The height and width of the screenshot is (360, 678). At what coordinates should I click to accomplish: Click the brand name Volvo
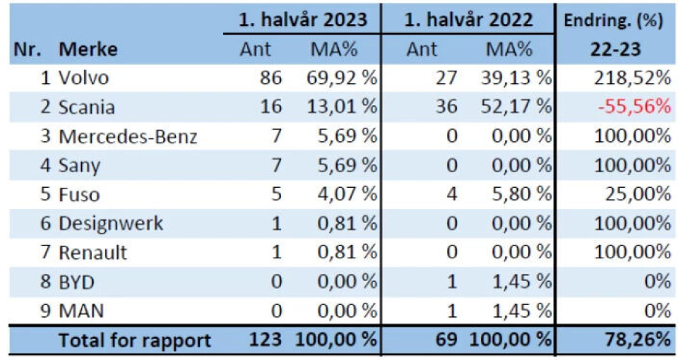[85, 78]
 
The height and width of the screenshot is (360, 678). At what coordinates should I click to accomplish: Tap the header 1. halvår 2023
[303, 20]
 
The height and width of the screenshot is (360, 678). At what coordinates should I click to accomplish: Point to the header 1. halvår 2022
[469, 20]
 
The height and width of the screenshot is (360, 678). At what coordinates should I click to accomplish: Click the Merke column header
[88, 49]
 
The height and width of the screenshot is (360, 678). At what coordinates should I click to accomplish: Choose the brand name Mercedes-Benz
[128, 136]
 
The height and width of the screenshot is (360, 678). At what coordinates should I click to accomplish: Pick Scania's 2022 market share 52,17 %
[518, 107]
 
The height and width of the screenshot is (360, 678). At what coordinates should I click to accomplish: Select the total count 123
[266, 340]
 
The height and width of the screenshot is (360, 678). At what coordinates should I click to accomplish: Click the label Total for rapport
[135, 340]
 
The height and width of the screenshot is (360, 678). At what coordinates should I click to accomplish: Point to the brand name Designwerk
[112, 224]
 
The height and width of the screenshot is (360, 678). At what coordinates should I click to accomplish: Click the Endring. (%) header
[612, 20]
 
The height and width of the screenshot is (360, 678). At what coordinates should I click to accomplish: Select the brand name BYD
[77, 282]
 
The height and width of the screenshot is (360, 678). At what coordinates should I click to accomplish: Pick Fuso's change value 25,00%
[636, 195]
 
